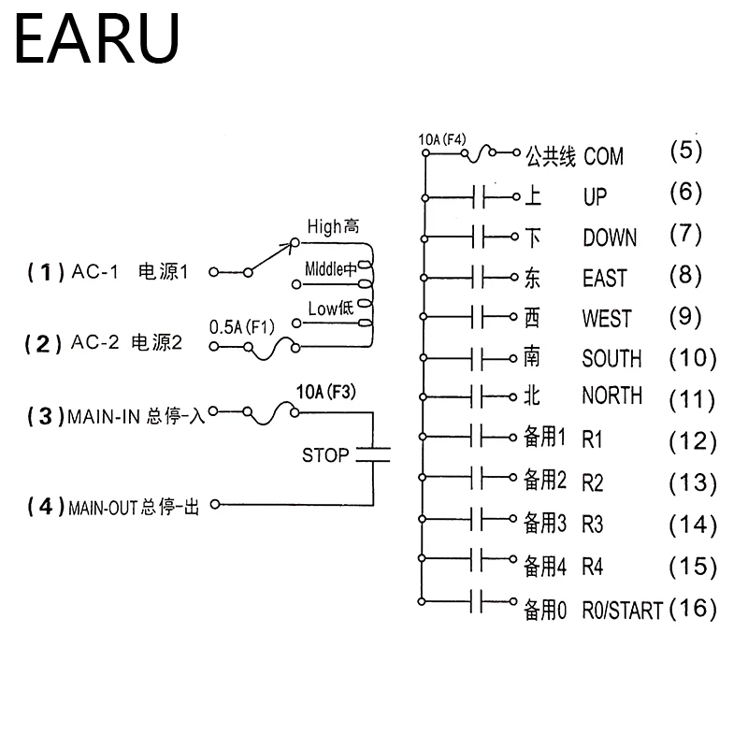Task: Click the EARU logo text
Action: [97, 38]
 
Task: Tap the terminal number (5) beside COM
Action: [685, 151]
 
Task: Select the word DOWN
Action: [610, 237]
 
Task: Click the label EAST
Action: [604, 278]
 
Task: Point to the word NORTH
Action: [611, 396]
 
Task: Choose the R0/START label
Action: [622, 611]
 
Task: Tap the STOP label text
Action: [324, 456]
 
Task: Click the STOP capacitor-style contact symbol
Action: [372, 454]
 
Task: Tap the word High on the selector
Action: [324, 226]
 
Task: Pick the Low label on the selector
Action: [322, 309]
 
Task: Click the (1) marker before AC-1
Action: [45, 272]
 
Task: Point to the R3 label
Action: [593, 524]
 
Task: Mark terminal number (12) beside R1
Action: [693, 440]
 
